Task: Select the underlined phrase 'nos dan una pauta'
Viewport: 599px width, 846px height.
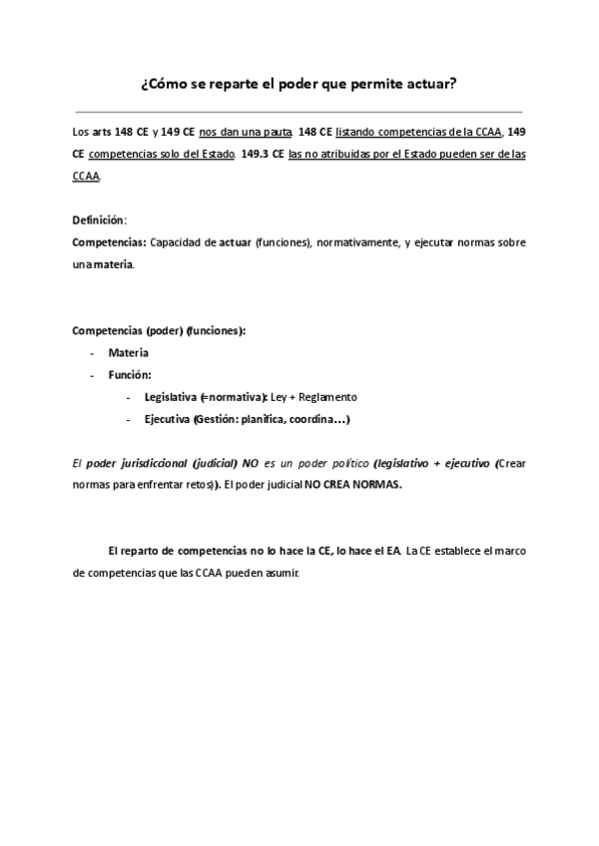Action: pos(242,132)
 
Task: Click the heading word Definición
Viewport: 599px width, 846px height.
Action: pos(99,219)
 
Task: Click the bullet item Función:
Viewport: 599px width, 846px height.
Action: pos(130,375)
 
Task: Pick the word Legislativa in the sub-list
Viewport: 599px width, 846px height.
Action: pos(171,397)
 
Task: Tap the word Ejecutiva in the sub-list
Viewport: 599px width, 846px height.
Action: pos(167,419)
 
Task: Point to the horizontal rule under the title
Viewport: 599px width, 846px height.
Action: pos(299,112)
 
